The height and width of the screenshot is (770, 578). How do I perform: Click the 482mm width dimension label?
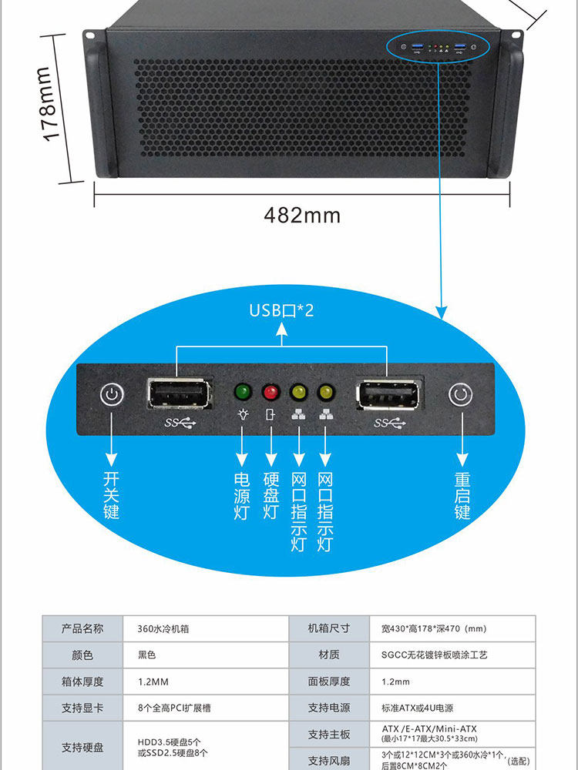[302, 215]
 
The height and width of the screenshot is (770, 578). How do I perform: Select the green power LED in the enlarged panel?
[244, 392]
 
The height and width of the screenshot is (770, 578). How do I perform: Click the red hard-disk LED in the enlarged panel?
[271, 392]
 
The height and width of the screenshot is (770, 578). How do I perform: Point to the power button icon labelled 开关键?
[112, 396]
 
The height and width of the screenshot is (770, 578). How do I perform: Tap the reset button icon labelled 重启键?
[460, 396]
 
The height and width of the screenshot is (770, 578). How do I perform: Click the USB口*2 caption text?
[281, 310]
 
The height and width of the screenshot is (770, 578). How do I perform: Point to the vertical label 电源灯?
[243, 496]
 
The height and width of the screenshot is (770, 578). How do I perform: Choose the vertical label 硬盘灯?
[271, 496]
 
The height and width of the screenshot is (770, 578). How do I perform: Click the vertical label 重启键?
[462, 496]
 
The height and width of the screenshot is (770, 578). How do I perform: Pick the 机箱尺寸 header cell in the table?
[328, 628]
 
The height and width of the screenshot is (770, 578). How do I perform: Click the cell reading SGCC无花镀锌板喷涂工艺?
[435, 655]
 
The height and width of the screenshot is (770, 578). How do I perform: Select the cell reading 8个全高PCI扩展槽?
[175, 708]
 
